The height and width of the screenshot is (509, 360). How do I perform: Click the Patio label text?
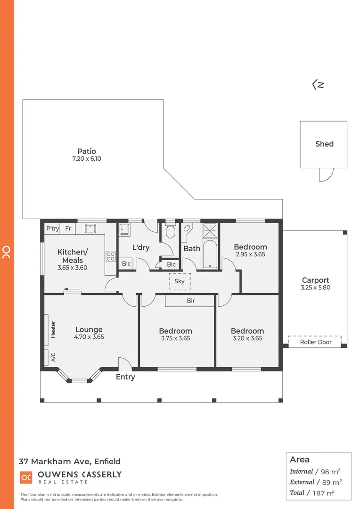[87, 151]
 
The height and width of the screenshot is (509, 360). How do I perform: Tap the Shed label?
[324, 144]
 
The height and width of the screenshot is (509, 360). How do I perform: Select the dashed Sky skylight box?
[180, 281]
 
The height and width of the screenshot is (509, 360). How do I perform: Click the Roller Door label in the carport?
[315, 342]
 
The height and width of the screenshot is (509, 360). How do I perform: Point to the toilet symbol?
[171, 231]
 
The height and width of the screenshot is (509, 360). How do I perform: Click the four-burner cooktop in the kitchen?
[111, 256]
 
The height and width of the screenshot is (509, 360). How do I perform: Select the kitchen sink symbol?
[90, 229]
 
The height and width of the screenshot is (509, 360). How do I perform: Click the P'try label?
[52, 229]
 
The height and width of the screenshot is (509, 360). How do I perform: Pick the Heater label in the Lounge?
[53, 329]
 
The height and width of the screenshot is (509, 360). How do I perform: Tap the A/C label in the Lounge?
[53, 358]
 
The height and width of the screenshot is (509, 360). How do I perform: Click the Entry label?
[125, 377]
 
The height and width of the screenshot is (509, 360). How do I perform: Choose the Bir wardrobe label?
[190, 301]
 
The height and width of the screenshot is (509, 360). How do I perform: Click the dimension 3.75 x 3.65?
[175, 338]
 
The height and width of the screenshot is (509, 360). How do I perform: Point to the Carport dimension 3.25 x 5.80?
[315, 287]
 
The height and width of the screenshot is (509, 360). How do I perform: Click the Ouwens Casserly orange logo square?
[26, 477]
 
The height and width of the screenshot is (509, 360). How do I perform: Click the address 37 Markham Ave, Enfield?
[69, 461]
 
